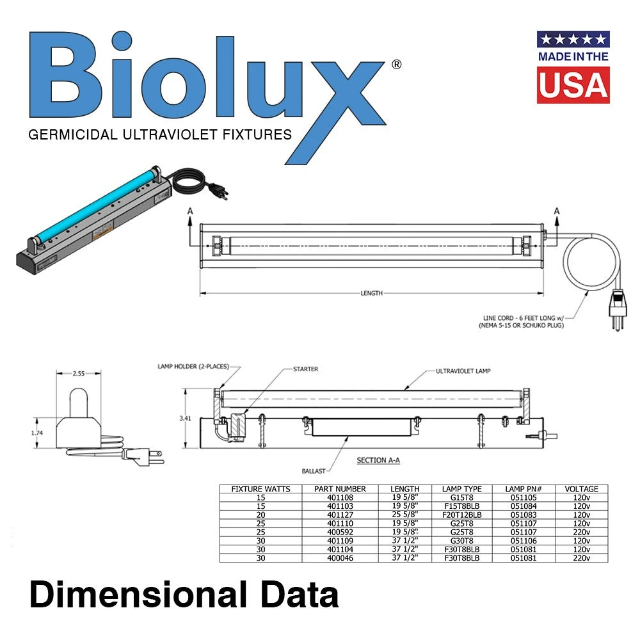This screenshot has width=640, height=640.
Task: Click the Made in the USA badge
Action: (x=573, y=67)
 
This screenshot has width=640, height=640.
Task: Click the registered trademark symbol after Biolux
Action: (x=396, y=65)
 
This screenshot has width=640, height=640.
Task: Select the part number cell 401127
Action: (x=340, y=515)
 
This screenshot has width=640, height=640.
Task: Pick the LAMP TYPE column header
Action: (x=461, y=489)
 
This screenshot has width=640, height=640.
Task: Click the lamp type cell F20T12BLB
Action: (x=461, y=515)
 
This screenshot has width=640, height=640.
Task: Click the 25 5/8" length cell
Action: (x=405, y=515)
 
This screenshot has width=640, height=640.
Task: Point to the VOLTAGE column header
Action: (x=581, y=489)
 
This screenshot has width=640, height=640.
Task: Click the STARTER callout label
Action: (x=305, y=369)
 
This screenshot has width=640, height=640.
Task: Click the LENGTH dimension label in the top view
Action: (x=371, y=293)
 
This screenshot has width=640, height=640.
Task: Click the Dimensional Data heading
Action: (x=184, y=595)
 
